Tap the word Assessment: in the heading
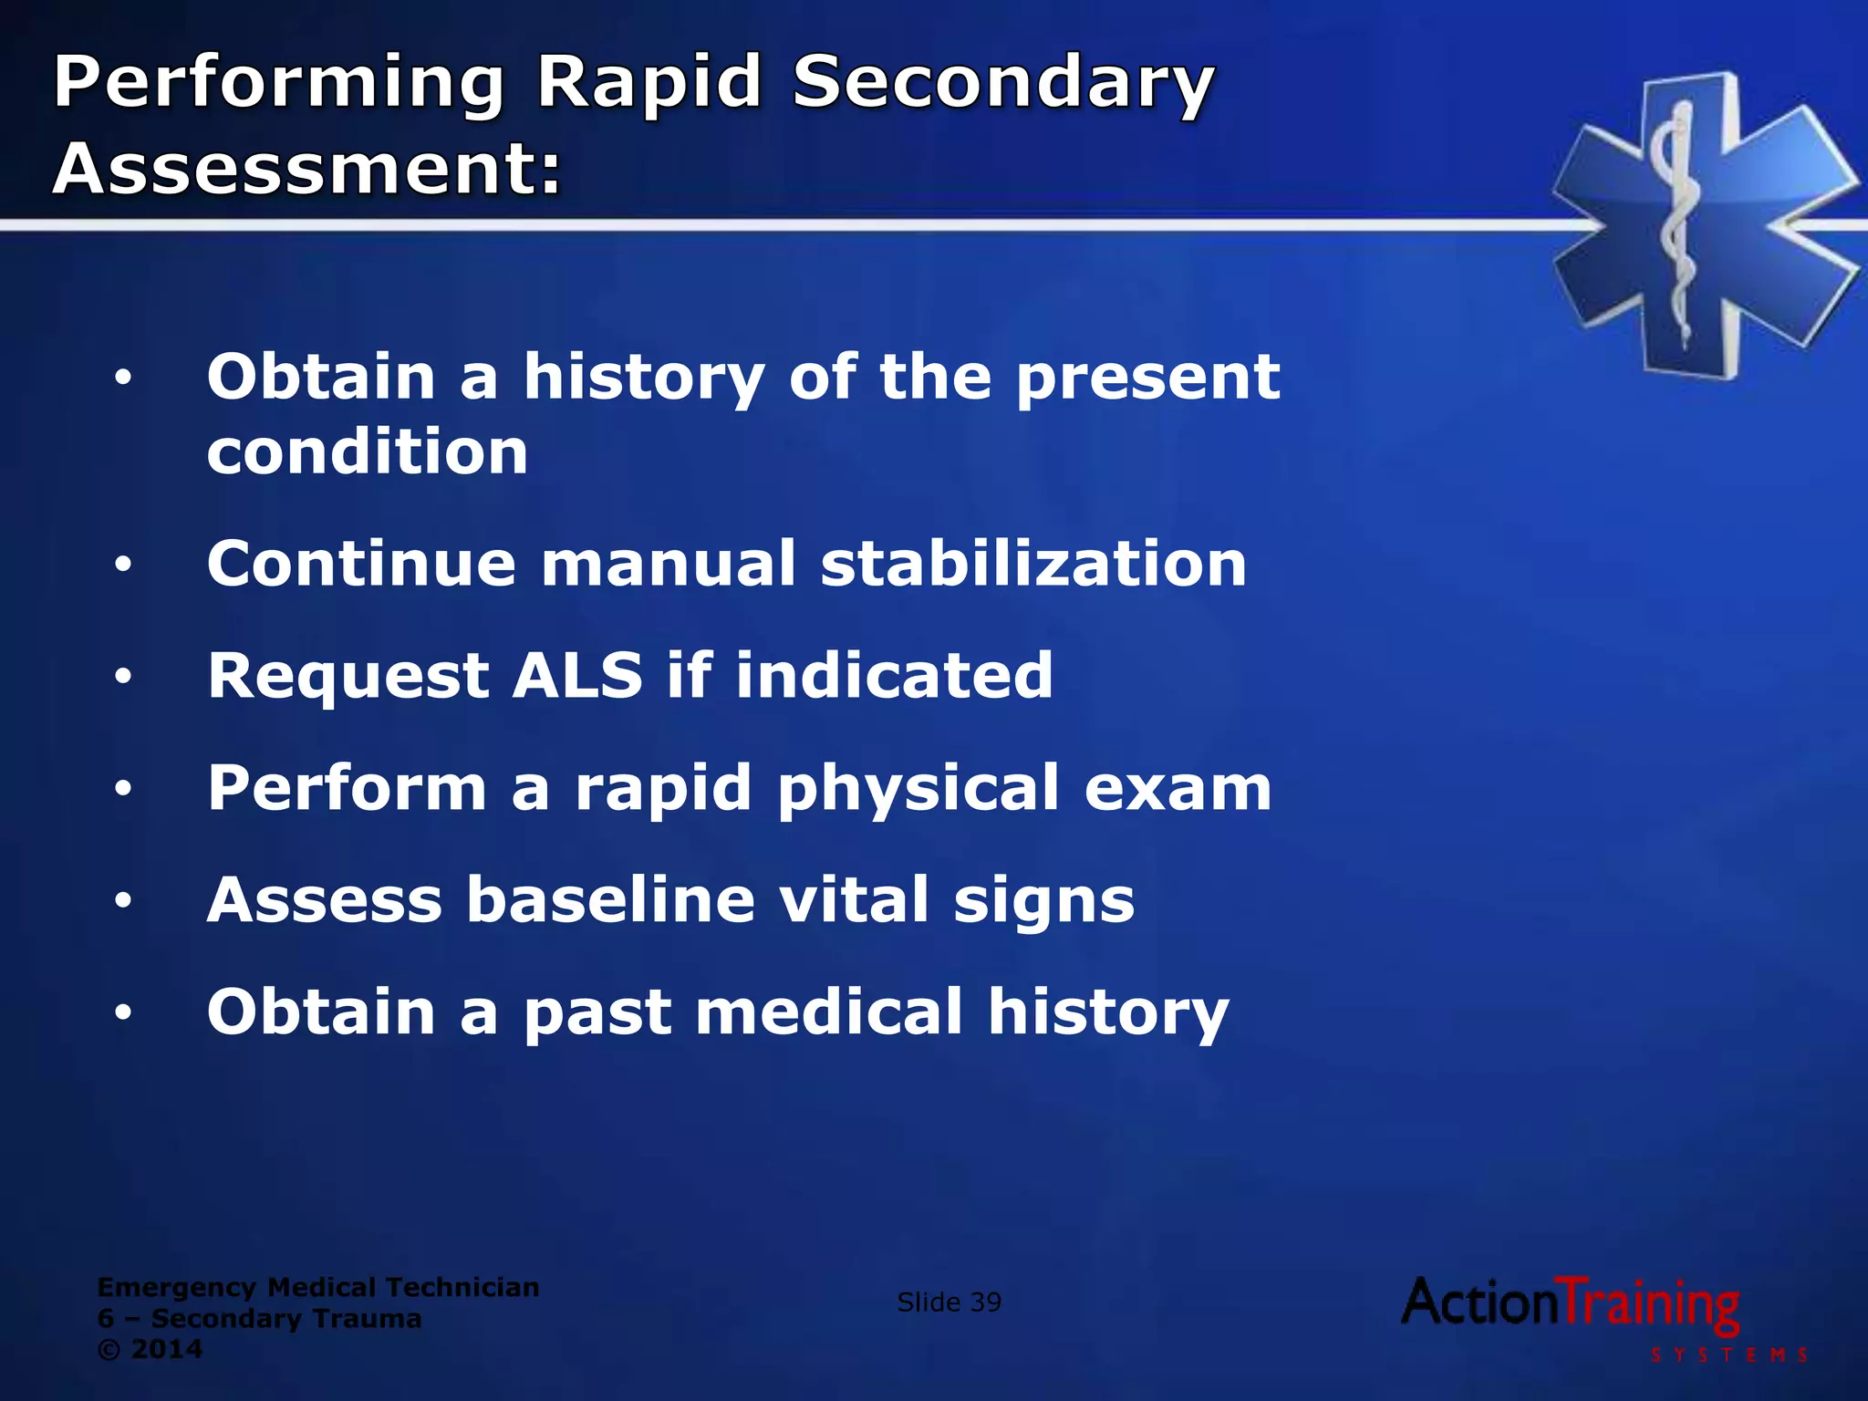(306, 170)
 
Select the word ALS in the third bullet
(577, 676)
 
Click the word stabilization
(1033, 564)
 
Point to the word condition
(367, 452)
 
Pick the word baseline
(611, 900)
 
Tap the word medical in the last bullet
(829, 1012)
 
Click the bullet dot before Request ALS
(123, 678)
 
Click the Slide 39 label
(949, 1302)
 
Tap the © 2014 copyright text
(150, 1349)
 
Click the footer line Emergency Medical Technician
(317, 1287)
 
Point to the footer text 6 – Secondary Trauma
(259, 1318)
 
